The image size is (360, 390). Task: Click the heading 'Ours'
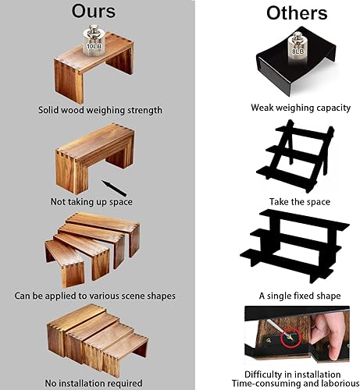point(94,12)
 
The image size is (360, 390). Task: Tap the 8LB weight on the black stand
point(297,48)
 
